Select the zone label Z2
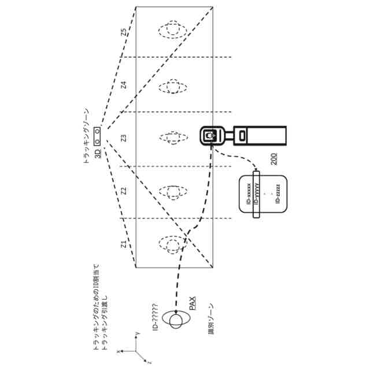click(x=123, y=191)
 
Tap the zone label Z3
click(x=123, y=138)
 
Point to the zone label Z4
click(x=123, y=85)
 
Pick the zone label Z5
click(x=123, y=32)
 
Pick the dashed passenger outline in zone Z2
click(x=173, y=192)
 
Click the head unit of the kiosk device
click(x=212, y=135)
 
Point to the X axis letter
click(x=118, y=350)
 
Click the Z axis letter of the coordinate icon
click(x=149, y=361)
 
